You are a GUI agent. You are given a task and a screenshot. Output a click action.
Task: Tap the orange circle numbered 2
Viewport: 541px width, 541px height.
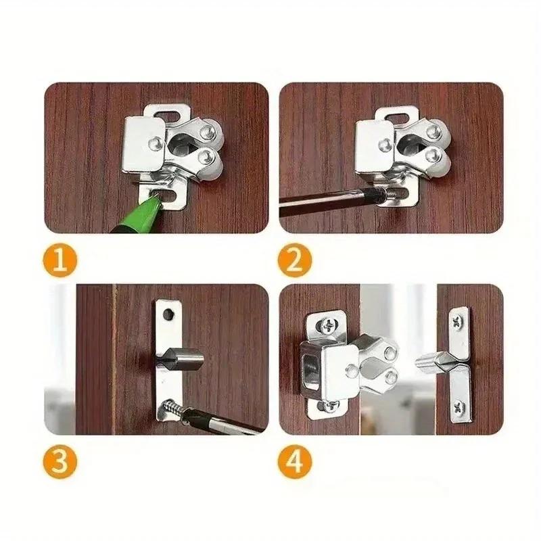(x=295, y=260)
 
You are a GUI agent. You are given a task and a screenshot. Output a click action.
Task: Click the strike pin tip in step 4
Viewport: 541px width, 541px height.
(x=421, y=362)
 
